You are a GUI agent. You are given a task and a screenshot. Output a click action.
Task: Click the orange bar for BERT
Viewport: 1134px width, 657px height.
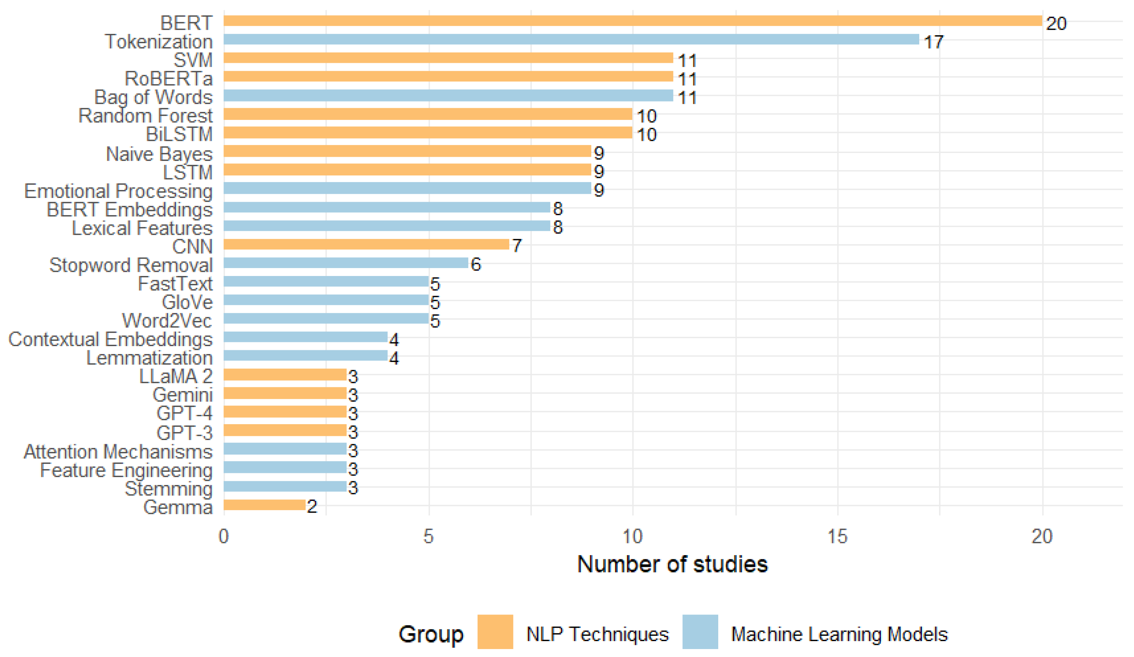point(633,21)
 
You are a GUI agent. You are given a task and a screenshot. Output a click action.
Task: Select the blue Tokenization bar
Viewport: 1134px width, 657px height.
point(571,40)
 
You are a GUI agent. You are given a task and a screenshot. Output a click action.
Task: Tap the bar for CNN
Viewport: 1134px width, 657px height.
point(366,244)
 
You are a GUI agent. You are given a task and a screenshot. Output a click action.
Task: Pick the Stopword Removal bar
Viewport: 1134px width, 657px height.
point(346,263)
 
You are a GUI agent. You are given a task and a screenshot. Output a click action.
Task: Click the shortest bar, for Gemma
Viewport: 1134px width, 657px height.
point(265,505)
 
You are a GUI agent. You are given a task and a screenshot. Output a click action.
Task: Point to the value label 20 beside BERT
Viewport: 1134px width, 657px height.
point(1056,23)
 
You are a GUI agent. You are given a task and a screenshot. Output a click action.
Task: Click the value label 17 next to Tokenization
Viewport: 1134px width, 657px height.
point(933,42)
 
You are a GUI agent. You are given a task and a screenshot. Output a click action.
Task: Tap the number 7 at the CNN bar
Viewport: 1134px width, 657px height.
point(517,246)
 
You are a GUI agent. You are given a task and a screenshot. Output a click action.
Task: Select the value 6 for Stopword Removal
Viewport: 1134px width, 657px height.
point(476,265)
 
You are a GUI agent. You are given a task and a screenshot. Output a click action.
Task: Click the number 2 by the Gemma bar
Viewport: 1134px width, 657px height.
point(312,507)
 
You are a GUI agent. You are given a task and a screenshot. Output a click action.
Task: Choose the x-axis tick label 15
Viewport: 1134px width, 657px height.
point(837,536)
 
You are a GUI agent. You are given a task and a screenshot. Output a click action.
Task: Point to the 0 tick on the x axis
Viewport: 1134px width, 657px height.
point(224,536)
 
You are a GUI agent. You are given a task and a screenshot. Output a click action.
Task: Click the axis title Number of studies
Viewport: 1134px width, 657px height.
point(672,565)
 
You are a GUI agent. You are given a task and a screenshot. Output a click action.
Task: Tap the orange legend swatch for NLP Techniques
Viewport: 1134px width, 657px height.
point(495,632)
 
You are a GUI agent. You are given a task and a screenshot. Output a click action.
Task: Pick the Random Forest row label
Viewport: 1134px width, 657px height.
point(145,116)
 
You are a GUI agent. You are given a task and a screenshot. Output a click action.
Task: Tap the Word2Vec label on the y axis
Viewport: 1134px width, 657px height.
point(167,321)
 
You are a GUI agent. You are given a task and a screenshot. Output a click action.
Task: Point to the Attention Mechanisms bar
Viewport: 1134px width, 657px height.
point(285,449)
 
